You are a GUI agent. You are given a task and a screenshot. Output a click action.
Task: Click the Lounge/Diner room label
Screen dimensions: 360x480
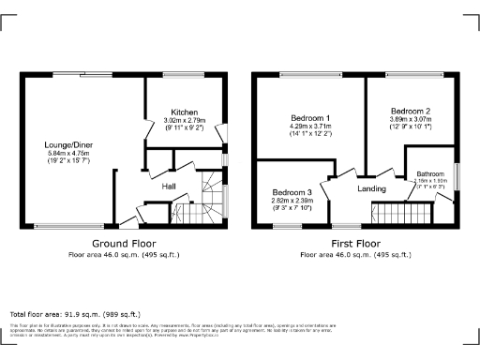pyautogui.click(x=67, y=146)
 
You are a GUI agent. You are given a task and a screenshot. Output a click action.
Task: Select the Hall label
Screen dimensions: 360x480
pyautogui.click(x=170, y=187)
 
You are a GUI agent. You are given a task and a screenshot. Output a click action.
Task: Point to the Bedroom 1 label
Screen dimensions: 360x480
pyautogui.click(x=308, y=117)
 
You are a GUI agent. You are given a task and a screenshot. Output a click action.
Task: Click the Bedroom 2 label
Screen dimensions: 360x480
pyautogui.click(x=410, y=110)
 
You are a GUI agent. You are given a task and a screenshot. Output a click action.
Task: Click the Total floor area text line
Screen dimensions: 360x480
pyautogui.click(x=75, y=313)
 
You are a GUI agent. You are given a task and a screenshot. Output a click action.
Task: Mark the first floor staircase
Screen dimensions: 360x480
pyautogui.click(x=403, y=217)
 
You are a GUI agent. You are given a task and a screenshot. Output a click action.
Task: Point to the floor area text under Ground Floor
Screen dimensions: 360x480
pyautogui.click(x=123, y=254)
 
